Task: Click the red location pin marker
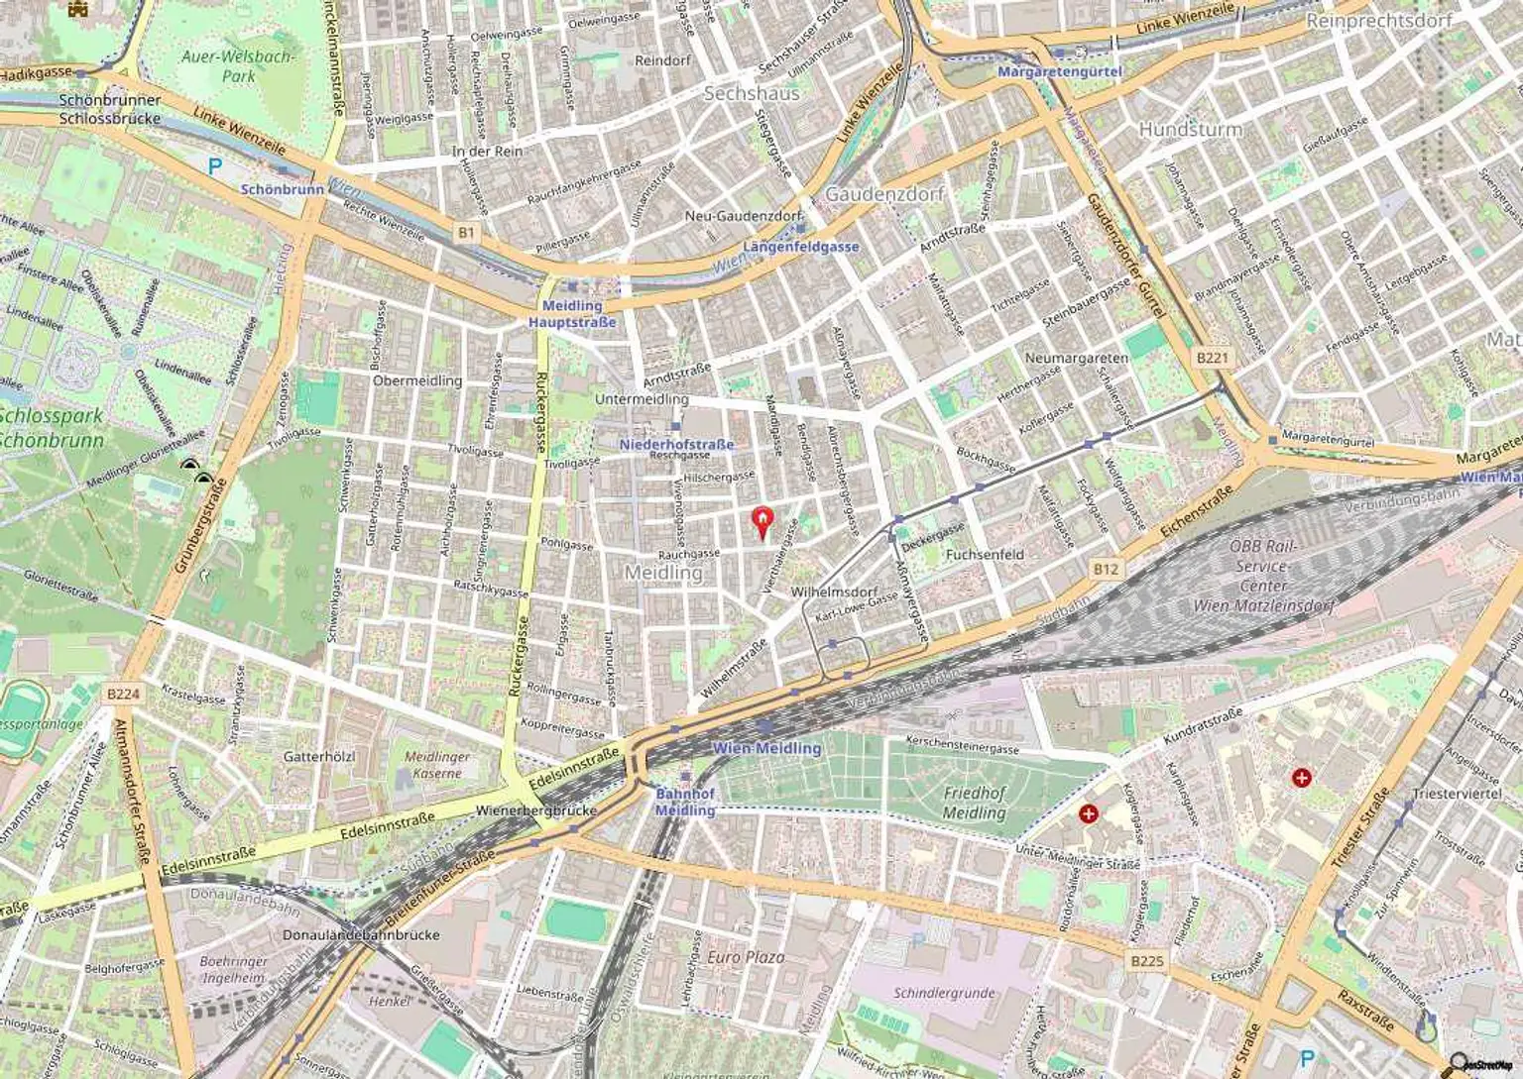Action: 761,520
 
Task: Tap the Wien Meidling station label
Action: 766,748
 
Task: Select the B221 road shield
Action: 1212,358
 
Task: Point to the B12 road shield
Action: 1106,569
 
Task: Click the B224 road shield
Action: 123,694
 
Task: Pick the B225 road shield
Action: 1146,961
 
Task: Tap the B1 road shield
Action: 466,233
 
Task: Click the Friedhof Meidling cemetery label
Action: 974,803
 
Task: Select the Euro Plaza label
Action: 745,957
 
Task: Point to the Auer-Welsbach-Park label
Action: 238,66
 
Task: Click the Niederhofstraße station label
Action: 676,444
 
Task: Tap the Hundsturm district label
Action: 1190,129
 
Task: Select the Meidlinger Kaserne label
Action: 437,764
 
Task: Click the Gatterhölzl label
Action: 319,756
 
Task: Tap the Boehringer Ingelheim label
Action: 233,969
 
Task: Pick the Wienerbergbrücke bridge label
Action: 536,809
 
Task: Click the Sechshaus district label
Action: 751,93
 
